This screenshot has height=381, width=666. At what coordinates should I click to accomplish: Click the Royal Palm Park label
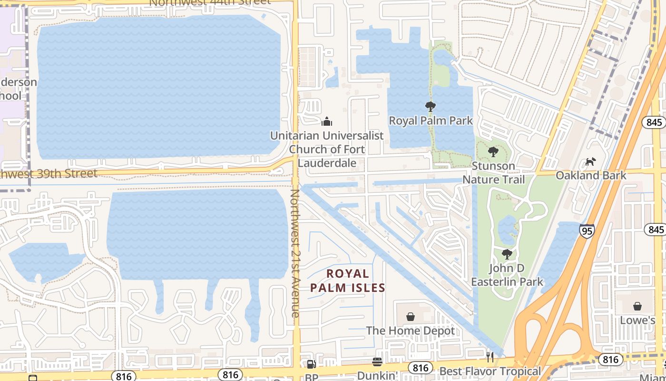tap(431, 120)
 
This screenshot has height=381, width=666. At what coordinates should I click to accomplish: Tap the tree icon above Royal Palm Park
tap(431, 107)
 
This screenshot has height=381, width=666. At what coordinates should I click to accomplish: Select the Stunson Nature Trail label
tap(494, 172)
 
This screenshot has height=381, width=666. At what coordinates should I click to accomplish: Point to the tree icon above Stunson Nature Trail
tap(493, 152)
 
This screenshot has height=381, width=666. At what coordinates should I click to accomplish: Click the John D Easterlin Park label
tap(507, 275)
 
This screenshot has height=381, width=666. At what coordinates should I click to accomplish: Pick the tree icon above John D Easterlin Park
tap(507, 254)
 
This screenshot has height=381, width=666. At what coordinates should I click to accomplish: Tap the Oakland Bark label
tap(591, 175)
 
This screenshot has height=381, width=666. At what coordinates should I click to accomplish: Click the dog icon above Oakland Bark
tap(590, 162)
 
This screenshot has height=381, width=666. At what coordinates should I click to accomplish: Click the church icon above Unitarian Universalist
tap(327, 121)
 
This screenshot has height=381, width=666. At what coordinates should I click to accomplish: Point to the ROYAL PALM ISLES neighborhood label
tap(348, 281)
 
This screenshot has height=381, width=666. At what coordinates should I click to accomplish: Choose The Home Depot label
tap(411, 330)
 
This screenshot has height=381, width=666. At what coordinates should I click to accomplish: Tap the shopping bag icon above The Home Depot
tap(411, 317)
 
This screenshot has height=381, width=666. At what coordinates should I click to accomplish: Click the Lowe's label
tap(637, 320)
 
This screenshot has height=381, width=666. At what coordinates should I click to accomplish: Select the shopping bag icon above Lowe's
tap(637, 306)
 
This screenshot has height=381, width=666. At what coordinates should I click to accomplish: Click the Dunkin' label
tap(377, 375)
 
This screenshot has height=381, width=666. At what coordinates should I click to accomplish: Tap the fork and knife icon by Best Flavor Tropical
tap(490, 357)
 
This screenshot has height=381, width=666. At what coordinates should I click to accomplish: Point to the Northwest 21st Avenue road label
tap(295, 253)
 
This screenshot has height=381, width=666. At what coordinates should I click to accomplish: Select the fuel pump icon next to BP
tap(311, 365)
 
